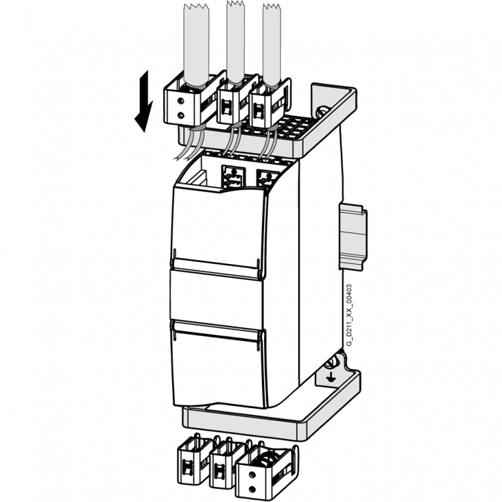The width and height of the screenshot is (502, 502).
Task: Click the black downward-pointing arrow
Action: click(x=143, y=101)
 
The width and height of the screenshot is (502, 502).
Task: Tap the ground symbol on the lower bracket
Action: click(x=331, y=377)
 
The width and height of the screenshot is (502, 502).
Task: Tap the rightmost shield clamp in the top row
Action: click(x=264, y=104)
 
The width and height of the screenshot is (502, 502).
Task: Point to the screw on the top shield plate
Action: click(x=321, y=111)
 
